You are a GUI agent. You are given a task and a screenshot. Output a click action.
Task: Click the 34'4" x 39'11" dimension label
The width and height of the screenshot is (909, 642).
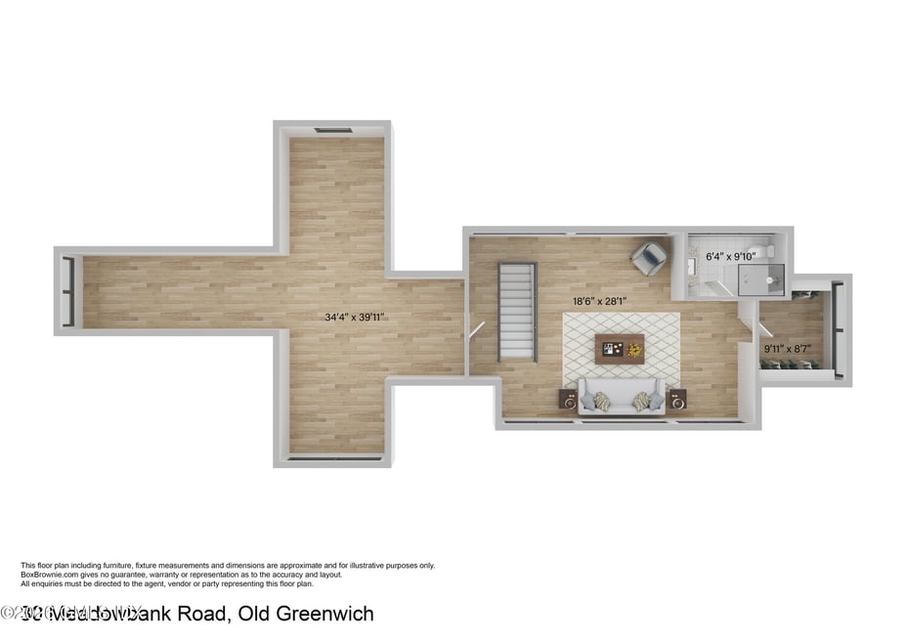pyautogui.click(x=355, y=317)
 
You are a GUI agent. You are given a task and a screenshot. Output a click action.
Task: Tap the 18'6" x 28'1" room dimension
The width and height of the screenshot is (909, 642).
pyautogui.click(x=599, y=302)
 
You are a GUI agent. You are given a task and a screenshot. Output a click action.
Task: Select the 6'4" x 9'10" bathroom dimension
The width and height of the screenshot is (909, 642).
pyautogui.click(x=731, y=256)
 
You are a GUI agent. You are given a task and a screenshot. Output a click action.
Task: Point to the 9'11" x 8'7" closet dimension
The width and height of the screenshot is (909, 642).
pyautogui.click(x=788, y=349)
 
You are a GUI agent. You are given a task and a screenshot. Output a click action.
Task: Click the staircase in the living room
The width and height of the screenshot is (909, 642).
pyautogui.click(x=517, y=311)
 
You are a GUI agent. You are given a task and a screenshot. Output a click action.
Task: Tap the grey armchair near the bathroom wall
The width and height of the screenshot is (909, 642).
pyautogui.click(x=648, y=258)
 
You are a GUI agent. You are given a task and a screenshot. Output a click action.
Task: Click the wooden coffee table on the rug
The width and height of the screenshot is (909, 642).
pyautogui.click(x=620, y=347)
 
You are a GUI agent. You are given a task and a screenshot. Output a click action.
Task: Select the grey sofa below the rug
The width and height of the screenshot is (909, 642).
pyautogui.click(x=621, y=398)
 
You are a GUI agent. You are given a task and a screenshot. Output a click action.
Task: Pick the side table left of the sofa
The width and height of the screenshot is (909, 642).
pyautogui.click(x=568, y=399)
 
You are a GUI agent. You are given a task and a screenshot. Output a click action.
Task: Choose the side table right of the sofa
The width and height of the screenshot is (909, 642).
pyautogui.click(x=677, y=399)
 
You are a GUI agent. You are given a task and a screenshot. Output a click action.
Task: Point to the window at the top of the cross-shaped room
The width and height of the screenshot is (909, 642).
pyautogui.click(x=332, y=130)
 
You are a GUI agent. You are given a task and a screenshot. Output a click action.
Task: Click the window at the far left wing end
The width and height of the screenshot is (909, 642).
pyautogui.click(x=67, y=290)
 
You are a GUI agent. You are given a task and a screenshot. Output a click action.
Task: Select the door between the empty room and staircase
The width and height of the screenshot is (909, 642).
pyautogui.click(x=476, y=329)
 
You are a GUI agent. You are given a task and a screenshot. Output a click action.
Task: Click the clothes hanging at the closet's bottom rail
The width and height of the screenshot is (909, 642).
pyautogui.click(x=792, y=364)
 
